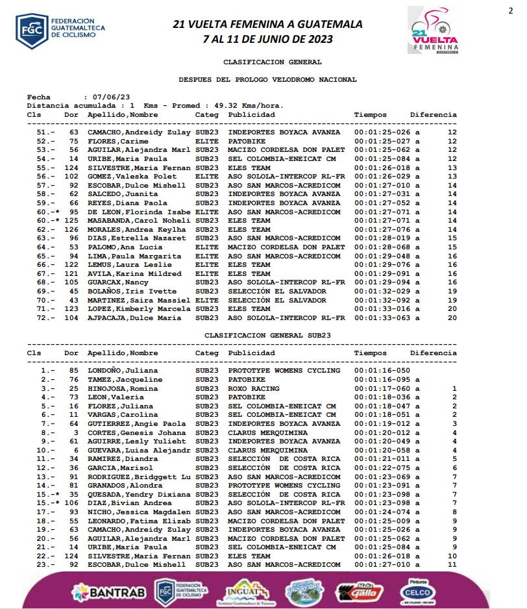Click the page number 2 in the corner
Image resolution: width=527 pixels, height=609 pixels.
510,10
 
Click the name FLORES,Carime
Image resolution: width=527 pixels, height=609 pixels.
114,141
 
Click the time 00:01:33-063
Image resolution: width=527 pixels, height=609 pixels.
383,317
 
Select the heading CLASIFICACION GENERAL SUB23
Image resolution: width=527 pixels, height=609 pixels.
267,335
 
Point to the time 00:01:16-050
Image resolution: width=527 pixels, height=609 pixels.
383,371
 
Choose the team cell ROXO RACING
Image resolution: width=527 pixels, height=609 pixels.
254,388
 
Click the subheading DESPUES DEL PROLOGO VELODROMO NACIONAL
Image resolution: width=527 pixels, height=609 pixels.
267,79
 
